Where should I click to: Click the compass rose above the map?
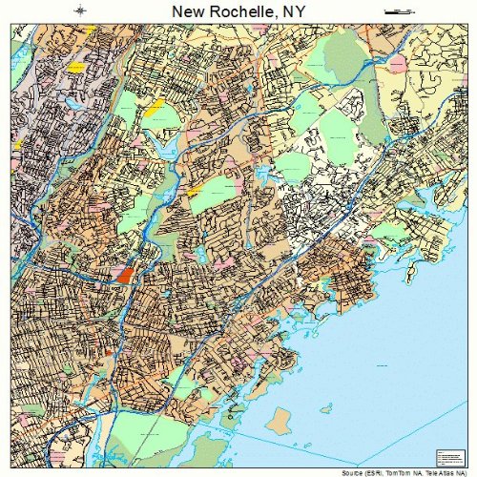point(80,10)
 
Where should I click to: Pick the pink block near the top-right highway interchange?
point(398,62)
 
